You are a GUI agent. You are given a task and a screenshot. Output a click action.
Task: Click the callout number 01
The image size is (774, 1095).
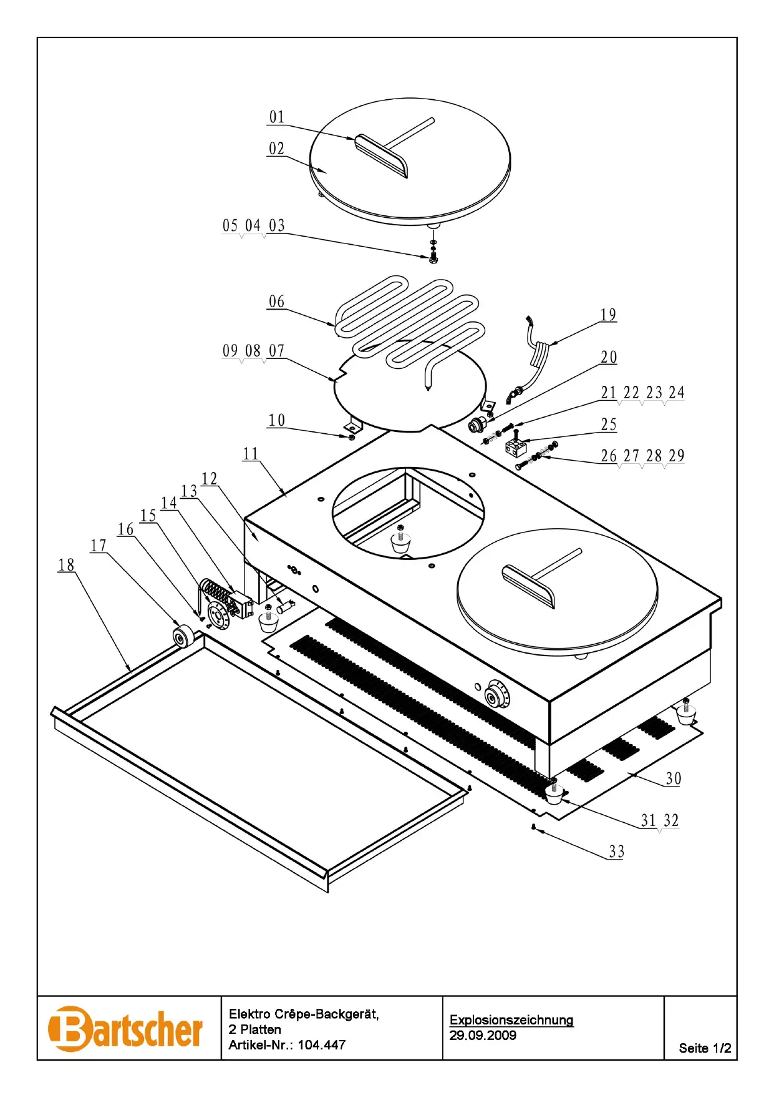(x=277, y=117)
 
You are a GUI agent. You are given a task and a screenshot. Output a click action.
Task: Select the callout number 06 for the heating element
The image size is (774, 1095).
(x=276, y=302)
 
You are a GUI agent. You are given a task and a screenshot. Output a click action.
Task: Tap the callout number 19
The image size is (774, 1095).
(x=608, y=315)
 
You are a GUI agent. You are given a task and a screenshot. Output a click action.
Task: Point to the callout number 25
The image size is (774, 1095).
(x=609, y=425)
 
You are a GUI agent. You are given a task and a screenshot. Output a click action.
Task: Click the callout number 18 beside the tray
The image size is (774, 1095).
(x=66, y=565)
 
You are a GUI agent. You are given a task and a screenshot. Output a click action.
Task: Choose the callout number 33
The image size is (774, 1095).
(x=616, y=852)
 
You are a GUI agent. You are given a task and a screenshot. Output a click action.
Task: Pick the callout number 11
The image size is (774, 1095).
(x=251, y=454)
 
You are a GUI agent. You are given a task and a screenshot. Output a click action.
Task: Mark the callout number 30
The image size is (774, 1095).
(x=674, y=778)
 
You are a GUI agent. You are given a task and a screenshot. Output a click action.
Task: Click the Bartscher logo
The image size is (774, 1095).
(x=125, y=1028)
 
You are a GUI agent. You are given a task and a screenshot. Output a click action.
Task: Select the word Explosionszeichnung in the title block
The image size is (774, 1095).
(x=511, y=1019)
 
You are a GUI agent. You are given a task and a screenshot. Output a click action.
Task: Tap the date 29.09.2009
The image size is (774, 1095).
(x=483, y=1035)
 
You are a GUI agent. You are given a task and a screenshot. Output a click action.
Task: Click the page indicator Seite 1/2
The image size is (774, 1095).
(x=705, y=1048)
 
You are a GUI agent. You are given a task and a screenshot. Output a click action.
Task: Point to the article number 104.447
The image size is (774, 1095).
(x=321, y=1044)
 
